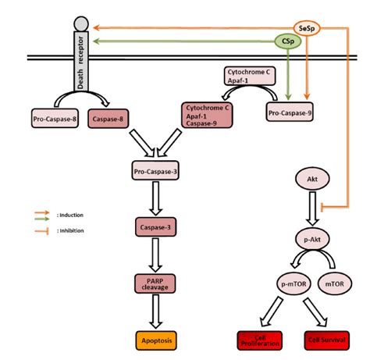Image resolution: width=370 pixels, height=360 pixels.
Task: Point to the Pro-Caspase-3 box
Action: point(155,169)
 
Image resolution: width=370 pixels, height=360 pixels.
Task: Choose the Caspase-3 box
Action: point(156,226)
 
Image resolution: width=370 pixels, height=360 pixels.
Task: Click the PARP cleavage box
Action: point(156,283)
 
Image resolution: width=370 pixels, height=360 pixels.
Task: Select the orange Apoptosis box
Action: point(156,340)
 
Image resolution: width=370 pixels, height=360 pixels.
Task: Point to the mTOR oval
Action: point(338,281)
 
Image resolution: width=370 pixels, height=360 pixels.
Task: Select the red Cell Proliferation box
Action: point(258,340)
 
